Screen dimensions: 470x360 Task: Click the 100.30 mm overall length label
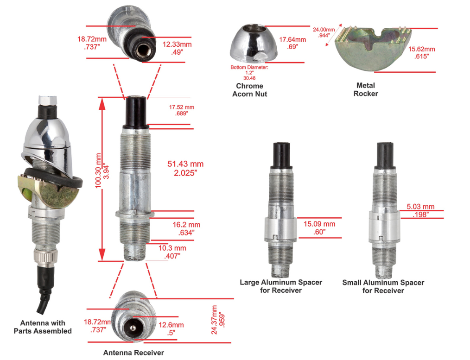(102, 171)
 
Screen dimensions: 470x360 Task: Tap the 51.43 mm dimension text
(185, 168)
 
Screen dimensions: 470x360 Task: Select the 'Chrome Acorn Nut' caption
(250, 90)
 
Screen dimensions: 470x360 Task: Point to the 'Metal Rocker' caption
(366, 89)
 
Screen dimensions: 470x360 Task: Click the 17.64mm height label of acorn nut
(292, 43)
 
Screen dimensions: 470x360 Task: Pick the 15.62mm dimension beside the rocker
(421, 53)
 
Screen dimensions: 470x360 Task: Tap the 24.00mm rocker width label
(324, 32)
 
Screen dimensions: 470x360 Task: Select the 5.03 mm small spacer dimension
(420, 210)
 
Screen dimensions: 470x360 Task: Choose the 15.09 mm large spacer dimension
(319, 227)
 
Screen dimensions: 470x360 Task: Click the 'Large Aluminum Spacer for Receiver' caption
(281, 286)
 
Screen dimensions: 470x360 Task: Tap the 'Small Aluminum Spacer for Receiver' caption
(383, 287)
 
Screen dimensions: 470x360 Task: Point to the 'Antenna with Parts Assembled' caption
(43, 327)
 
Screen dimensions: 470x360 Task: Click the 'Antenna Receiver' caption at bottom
(133, 353)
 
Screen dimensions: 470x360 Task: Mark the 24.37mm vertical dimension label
(217, 320)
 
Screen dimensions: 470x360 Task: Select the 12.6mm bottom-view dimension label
(171, 328)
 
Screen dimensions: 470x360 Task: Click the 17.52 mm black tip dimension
(182, 110)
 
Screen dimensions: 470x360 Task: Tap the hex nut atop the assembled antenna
(47, 100)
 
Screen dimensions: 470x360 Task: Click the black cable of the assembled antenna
(45, 288)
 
